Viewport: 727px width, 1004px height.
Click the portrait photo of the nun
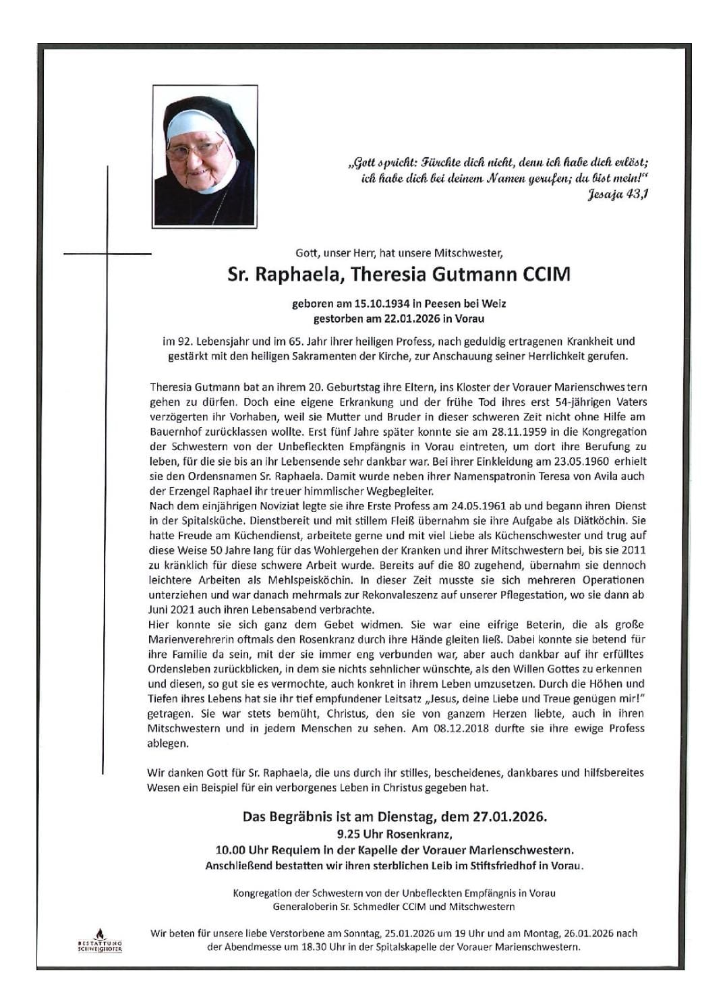coord(204,155)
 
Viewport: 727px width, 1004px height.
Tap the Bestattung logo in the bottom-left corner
coord(100,939)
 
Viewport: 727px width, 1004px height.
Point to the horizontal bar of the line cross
coord(107,254)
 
